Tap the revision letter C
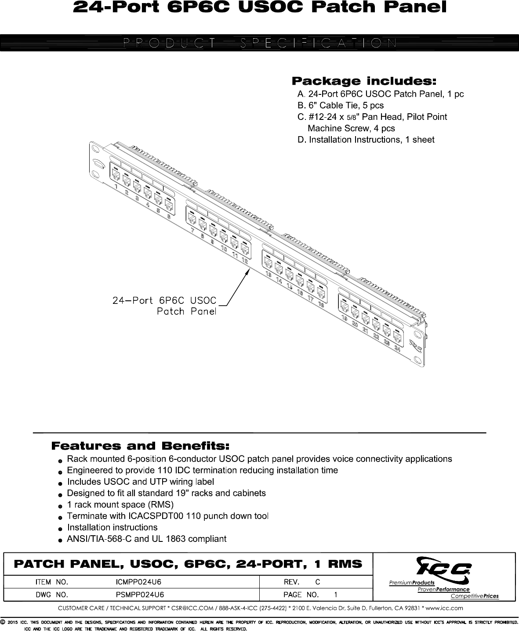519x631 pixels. pyautogui.click(x=318, y=582)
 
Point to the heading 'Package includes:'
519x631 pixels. pyautogui.click(x=364, y=81)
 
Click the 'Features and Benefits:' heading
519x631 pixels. pyautogui.click(x=141, y=447)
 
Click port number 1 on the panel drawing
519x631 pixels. pyautogui.click(x=116, y=187)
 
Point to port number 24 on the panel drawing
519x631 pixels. pyautogui.click(x=397, y=349)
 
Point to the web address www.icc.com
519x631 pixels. pyautogui.click(x=445, y=608)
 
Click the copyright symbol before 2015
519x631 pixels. pyautogui.click(x=3, y=622)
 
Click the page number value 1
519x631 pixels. pyautogui.click(x=336, y=595)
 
